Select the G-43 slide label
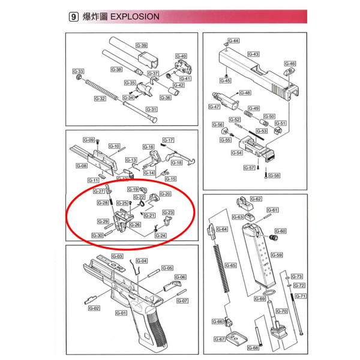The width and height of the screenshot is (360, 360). (x=254, y=54)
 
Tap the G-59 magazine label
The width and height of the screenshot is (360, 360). (x=277, y=255)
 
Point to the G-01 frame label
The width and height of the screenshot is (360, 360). (x=120, y=313)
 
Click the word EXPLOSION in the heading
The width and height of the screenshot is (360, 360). (x=136, y=17)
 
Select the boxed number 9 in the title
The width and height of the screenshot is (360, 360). (x=74, y=17)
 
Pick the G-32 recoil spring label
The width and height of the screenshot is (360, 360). (x=100, y=98)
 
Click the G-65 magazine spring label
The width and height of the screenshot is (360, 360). (x=230, y=265)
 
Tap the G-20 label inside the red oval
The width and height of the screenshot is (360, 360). (x=165, y=194)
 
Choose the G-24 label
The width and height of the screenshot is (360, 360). (x=160, y=235)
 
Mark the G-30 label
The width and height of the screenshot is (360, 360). (x=98, y=236)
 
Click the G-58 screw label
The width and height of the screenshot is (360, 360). (x=274, y=176)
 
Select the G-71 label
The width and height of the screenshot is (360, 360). (x=301, y=296)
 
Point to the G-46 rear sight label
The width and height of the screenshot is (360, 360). (x=289, y=63)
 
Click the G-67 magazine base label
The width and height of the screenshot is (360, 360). (x=220, y=339)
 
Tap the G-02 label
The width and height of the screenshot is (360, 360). (x=94, y=308)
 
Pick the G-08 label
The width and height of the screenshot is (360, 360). (x=82, y=166)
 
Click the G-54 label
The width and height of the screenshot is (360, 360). (x=236, y=153)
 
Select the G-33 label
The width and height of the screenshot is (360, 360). (x=79, y=71)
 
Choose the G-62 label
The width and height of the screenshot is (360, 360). (x=256, y=199)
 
